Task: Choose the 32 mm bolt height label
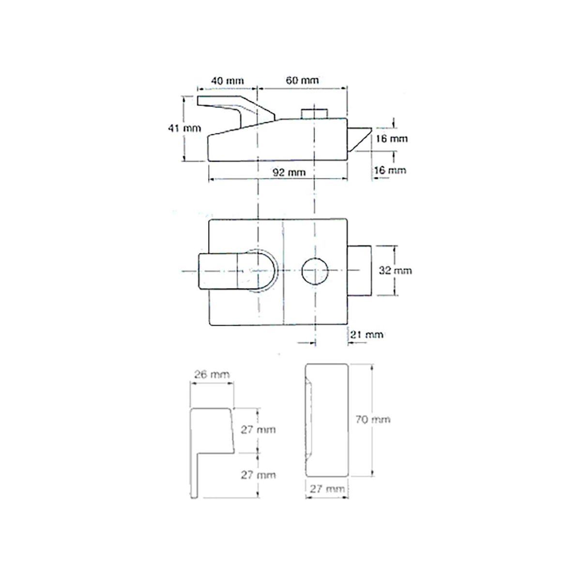(395, 270)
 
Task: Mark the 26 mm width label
(212, 374)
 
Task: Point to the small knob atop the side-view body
(315, 112)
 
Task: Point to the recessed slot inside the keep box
(310, 419)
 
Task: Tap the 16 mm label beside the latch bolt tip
(392, 139)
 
